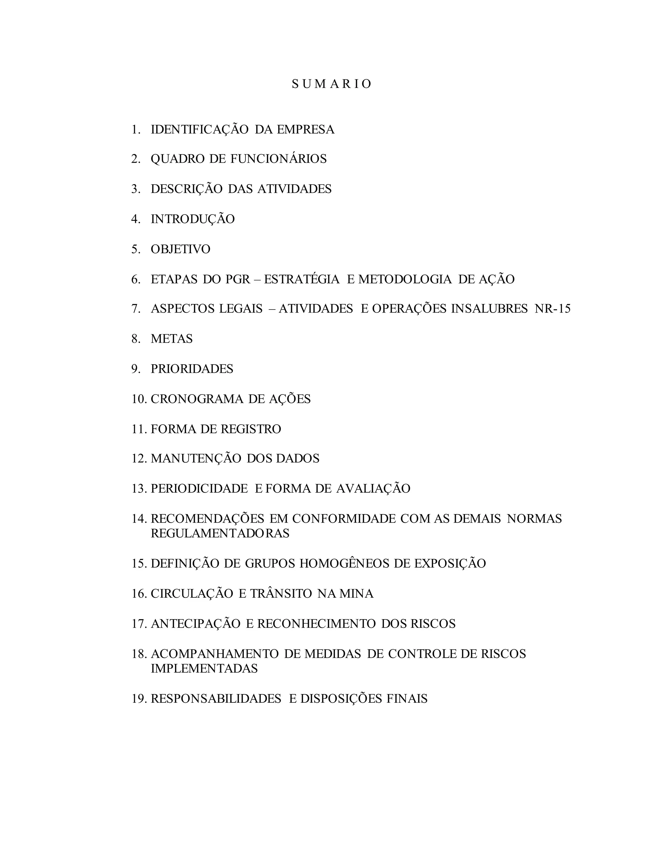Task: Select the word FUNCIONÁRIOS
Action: point(278,159)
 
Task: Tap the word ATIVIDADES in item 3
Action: point(294,189)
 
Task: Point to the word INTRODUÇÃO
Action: point(193,219)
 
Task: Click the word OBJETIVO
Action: point(181,249)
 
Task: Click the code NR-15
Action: point(552,309)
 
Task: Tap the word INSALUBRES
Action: point(489,309)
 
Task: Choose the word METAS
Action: point(172,339)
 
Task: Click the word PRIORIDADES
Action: point(192,369)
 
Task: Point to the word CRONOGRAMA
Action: point(197,399)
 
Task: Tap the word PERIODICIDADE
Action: point(199,489)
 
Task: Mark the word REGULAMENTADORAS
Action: point(220,534)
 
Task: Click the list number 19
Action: point(139,699)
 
